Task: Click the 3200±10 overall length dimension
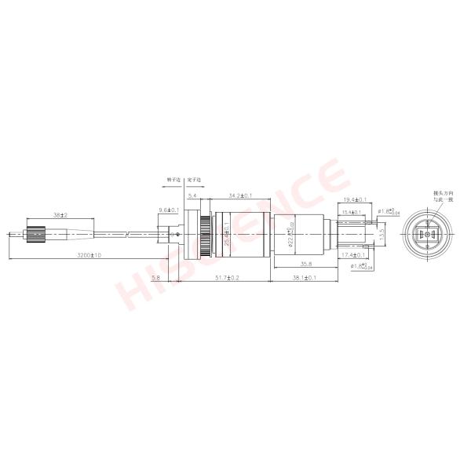[x=89, y=257]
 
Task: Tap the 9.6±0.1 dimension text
[x=170, y=210]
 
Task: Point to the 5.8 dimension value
[x=155, y=278]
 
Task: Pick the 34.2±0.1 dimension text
[x=239, y=195]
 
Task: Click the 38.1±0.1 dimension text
[x=304, y=278]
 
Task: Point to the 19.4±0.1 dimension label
[x=356, y=201]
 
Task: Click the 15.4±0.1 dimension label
[x=351, y=212]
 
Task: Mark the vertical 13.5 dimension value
[x=382, y=234]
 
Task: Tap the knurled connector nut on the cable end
[x=34, y=234]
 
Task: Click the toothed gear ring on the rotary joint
[x=204, y=234]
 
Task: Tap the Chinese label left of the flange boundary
[x=173, y=180]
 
